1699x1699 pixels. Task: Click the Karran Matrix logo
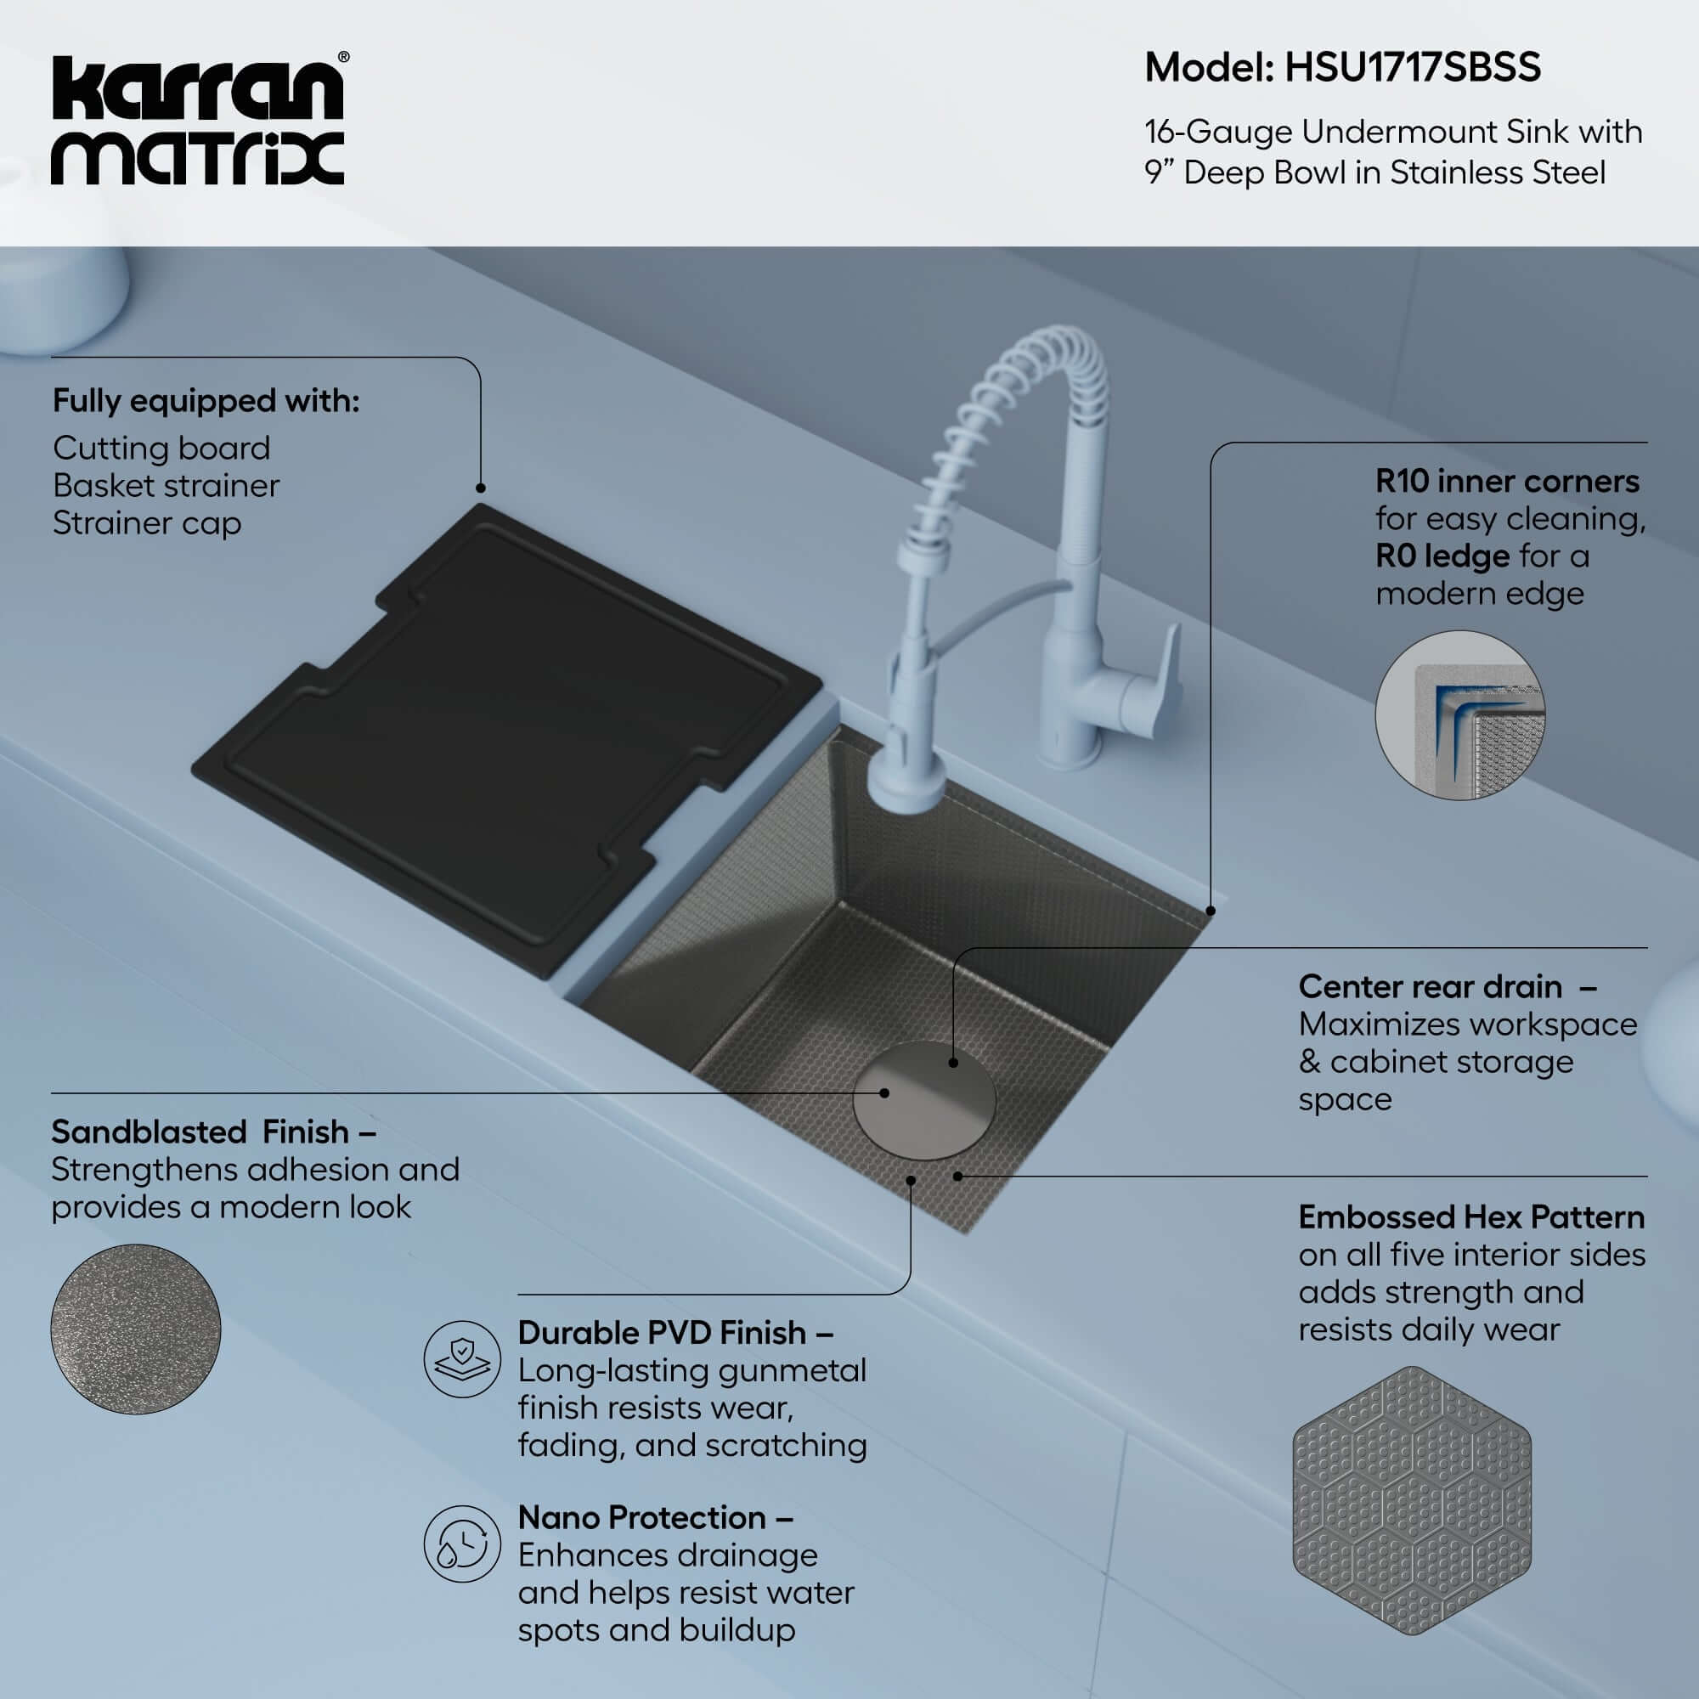tap(197, 121)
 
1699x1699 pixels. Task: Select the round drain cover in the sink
tap(923, 1100)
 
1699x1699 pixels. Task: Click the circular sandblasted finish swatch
tap(135, 1329)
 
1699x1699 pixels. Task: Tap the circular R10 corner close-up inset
tap(1459, 715)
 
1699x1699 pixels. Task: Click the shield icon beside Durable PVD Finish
tap(461, 1358)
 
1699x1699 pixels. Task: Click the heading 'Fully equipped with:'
tap(206, 401)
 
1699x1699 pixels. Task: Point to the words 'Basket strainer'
tap(166, 485)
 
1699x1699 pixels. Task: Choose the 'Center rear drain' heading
tap(1430, 986)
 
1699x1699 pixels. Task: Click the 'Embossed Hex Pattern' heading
tap(1470, 1217)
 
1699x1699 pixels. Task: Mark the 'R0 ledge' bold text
tap(1442, 556)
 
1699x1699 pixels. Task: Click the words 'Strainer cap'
tap(146, 523)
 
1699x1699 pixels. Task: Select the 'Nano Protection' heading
tap(641, 1518)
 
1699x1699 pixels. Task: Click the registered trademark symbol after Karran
tap(343, 57)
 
